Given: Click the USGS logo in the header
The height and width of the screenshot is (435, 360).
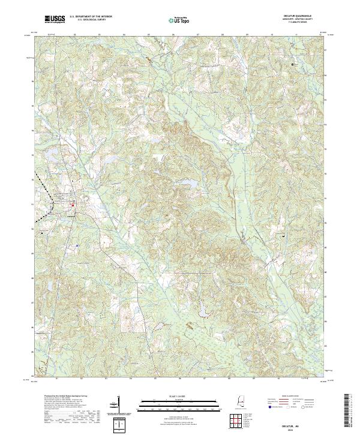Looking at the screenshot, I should (55, 20).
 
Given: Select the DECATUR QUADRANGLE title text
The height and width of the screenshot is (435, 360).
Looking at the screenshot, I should (304, 16).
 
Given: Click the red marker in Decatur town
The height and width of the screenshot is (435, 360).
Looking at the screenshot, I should (73, 206).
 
